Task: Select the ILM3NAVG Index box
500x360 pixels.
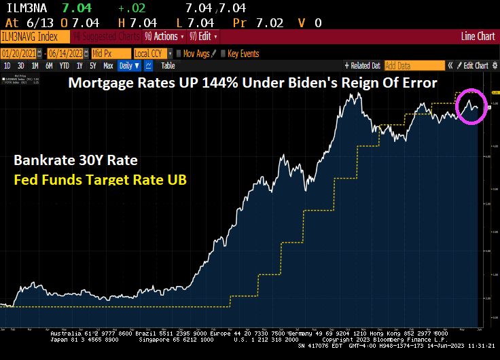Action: pos(34,37)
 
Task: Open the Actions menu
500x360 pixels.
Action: pos(162,37)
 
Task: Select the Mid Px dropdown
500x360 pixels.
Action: pos(108,53)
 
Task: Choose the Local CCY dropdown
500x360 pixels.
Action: pos(151,53)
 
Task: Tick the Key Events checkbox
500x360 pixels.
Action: pos(224,53)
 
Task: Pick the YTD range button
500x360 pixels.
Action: pos(65,66)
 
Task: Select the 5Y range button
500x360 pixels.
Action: pos(93,66)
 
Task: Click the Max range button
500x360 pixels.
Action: pos(108,66)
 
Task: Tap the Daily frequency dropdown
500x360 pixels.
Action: pos(128,66)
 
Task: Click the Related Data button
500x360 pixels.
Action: pos(364,66)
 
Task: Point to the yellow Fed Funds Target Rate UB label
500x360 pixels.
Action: pos(100,181)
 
